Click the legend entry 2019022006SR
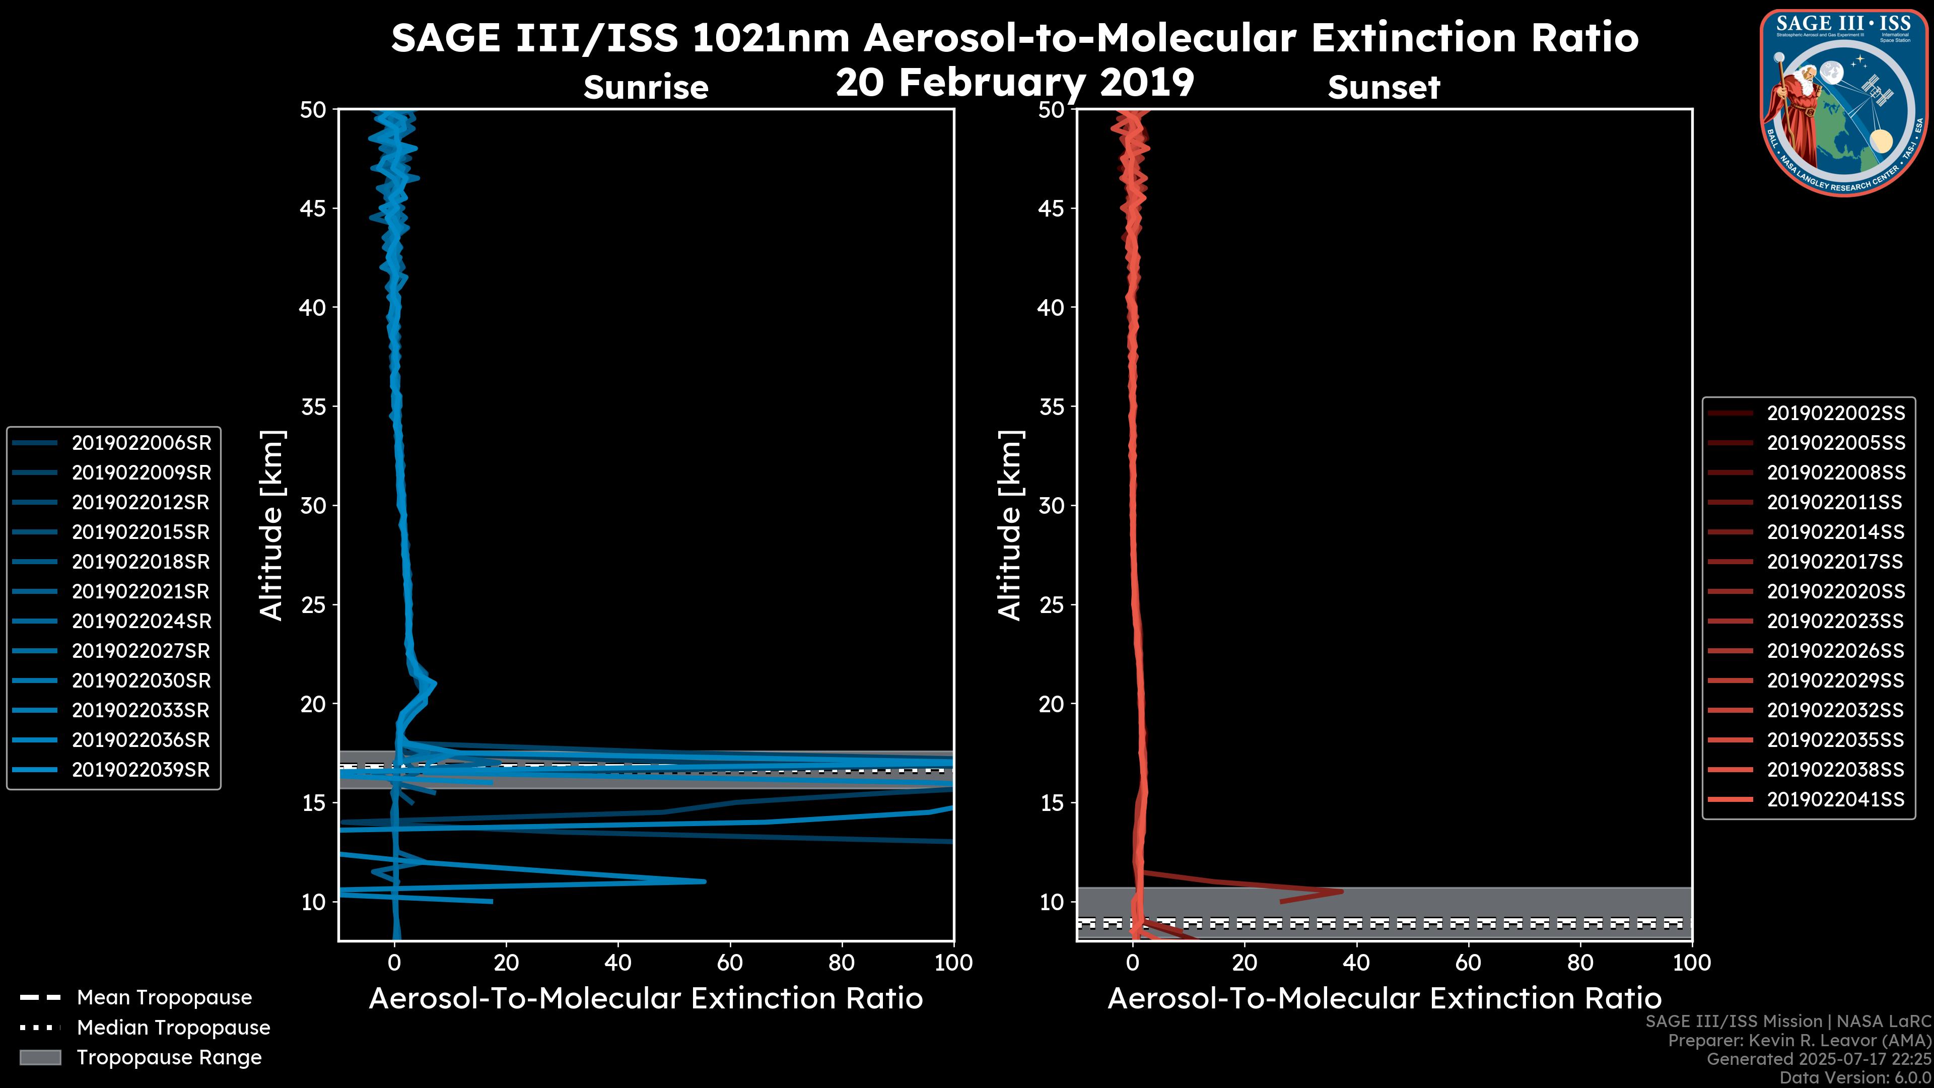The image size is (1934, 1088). [x=141, y=443]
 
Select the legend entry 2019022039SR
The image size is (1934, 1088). [x=141, y=770]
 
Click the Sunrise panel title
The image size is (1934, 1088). [x=646, y=87]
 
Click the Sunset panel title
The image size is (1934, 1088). [x=1384, y=87]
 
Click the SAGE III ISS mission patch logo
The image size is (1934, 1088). [x=1842, y=102]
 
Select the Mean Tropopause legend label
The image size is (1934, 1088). [x=164, y=997]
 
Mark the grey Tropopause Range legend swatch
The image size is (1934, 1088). [x=40, y=1057]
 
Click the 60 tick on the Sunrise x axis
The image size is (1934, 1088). [x=730, y=963]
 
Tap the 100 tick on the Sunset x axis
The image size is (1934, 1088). [x=1692, y=963]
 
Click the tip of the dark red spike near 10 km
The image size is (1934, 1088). [x=1342, y=891]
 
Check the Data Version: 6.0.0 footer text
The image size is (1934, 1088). [x=1856, y=1077]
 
